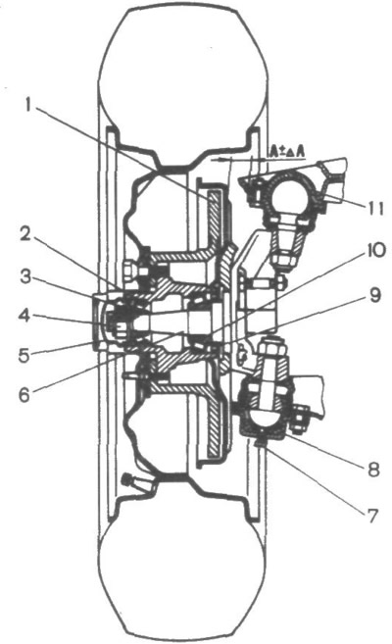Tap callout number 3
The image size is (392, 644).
tap(26, 277)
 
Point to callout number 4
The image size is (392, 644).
tap(24, 317)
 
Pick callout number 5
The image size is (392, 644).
tap(25, 355)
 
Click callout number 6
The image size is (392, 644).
tap(25, 395)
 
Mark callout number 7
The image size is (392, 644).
tap(371, 516)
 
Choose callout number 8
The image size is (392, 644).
tap(372, 470)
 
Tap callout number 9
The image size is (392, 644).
tap(374, 296)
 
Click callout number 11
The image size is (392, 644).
tap(374, 208)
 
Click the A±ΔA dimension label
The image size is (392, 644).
tap(287, 152)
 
